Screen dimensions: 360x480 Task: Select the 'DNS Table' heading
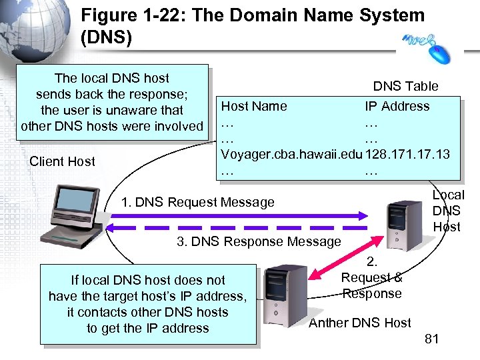click(x=405, y=86)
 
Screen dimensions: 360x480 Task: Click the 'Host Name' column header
click(x=254, y=106)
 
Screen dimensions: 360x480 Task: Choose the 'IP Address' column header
click(x=397, y=106)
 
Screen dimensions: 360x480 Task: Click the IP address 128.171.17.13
click(x=407, y=154)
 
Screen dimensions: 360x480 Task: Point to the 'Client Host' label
click(x=62, y=161)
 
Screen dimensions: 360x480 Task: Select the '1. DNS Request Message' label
click(x=198, y=202)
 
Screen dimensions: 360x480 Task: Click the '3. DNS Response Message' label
click(x=259, y=241)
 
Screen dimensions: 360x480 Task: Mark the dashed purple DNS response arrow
click(x=240, y=228)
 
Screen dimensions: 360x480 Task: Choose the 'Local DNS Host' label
click(x=448, y=211)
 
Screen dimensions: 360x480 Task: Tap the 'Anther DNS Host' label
click(x=359, y=323)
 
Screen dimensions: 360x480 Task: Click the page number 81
click(x=431, y=339)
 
